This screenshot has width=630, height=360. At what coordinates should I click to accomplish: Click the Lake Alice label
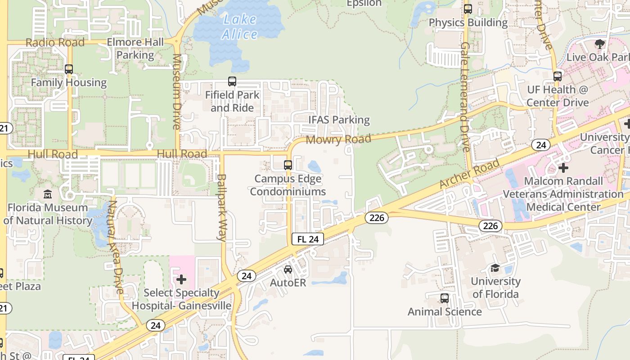point(240,27)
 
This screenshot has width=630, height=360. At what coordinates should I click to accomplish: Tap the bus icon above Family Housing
point(69,69)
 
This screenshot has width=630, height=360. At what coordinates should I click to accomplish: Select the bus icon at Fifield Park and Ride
point(232,81)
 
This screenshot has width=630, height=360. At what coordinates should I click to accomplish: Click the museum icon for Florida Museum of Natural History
point(48,194)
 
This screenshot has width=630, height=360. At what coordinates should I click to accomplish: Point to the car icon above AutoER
point(288,269)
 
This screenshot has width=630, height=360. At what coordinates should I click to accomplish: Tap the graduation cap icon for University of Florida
point(495,268)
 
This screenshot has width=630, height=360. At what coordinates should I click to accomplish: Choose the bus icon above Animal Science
point(445,298)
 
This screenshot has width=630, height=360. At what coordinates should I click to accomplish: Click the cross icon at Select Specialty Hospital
point(181,280)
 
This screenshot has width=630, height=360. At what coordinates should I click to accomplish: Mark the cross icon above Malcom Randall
point(563,168)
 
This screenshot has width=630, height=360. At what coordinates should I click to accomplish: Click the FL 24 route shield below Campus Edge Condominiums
point(308,239)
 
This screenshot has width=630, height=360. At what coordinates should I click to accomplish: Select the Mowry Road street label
point(338,139)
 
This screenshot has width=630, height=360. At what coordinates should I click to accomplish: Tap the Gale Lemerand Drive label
point(465,97)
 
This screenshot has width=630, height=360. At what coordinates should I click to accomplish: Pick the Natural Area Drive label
point(116,247)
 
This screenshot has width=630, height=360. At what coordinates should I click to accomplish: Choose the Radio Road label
point(55,42)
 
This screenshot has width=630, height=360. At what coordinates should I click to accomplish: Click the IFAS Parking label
point(339,120)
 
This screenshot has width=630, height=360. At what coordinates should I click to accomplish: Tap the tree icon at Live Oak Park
point(599,44)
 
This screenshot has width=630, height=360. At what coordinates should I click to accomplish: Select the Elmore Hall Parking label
point(135,49)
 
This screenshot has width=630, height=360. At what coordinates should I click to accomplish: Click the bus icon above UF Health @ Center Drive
point(558,76)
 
